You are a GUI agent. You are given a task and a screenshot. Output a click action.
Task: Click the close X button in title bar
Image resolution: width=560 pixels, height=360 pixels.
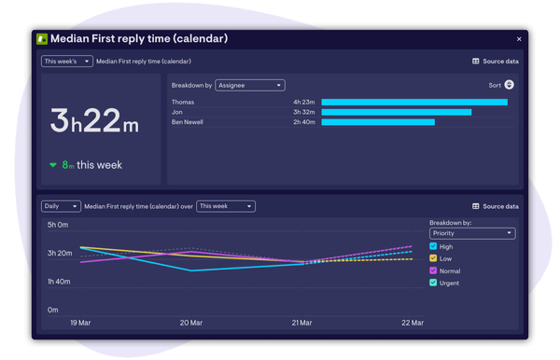(519, 39)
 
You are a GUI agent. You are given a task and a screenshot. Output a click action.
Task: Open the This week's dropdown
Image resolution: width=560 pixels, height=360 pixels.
(66, 62)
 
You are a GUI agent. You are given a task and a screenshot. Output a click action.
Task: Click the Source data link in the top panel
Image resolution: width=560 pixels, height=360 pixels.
(495, 62)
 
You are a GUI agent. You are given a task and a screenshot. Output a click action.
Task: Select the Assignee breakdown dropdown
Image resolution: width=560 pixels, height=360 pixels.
(249, 85)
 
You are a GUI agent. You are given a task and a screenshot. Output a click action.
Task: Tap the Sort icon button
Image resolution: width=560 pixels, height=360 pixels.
(509, 85)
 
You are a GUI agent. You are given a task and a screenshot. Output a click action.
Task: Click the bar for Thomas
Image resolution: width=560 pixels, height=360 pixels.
(414, 103)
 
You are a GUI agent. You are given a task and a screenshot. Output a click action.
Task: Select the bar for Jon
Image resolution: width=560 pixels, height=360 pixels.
(396, 112)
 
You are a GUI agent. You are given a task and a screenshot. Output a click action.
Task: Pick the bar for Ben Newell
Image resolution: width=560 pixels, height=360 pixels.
(378, 122)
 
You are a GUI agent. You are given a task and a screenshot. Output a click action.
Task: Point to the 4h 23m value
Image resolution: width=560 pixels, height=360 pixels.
(304, 103)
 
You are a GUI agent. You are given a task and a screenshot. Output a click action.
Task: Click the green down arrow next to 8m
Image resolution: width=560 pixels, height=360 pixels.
(53, 165)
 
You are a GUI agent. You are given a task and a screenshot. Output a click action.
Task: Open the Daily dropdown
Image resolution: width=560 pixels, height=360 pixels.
(61, 206)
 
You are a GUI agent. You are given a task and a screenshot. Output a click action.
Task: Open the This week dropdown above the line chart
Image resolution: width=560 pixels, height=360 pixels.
(225, 206)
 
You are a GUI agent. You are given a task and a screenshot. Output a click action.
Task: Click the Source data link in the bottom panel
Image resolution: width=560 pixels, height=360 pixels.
(495, 206)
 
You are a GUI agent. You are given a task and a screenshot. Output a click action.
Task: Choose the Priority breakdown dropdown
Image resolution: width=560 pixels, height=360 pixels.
(471, 233)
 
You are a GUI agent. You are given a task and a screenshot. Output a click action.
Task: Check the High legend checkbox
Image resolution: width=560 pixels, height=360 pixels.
(433, 246)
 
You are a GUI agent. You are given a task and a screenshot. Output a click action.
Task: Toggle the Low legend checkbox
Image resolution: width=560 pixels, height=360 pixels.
(433, 258)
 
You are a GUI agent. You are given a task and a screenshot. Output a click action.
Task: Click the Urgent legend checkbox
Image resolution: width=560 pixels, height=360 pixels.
(433, 283)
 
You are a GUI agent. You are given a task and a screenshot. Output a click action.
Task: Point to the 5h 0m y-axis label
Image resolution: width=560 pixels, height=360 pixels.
(58, 225)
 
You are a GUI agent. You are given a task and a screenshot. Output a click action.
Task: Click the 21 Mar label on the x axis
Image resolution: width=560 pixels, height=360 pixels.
(301, 323)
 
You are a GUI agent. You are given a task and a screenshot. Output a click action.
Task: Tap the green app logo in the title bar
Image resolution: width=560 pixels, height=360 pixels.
(42, 39)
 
